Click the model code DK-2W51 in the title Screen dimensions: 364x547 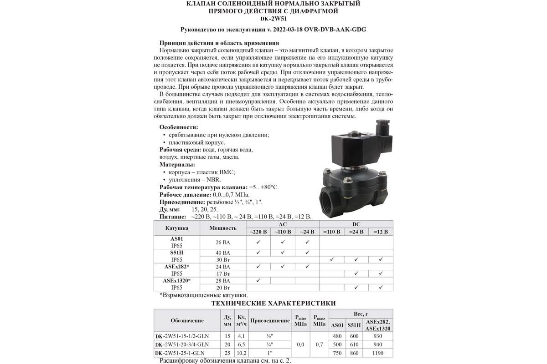pos(273,19)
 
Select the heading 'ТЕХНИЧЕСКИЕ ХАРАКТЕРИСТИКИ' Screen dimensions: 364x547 pos(273,303)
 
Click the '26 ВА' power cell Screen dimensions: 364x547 pos(223,242)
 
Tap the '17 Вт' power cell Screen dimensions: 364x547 pos(223,273)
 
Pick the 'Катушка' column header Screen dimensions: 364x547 pos(177,227)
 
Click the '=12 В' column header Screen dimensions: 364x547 pos(380,232)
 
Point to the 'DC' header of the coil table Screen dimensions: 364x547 pos(356,224)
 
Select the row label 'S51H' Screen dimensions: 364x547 pos(177,252)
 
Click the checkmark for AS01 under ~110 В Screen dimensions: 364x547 pos(283,238)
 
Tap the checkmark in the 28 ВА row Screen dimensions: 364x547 pos(258,280)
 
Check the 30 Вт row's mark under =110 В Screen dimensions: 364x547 pos(332,259)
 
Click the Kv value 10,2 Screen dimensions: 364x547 pos(241,353)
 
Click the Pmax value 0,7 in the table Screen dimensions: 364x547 pos(319,344)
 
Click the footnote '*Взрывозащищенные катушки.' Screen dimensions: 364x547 pos(197,295)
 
